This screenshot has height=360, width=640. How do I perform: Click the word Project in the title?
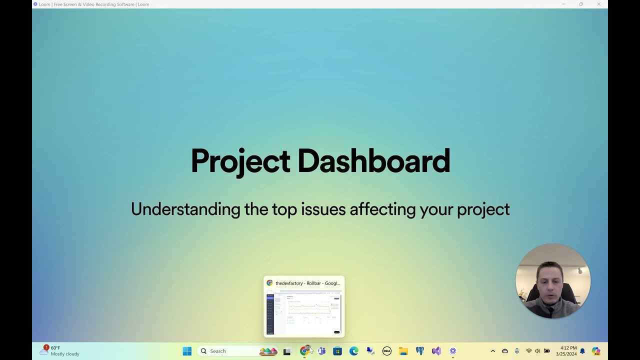click(240, 161)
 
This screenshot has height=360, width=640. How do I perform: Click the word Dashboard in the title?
click(373, 161)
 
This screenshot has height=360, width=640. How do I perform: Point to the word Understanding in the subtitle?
click(185, 209)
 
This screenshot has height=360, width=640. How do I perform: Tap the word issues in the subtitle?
click(323, 209)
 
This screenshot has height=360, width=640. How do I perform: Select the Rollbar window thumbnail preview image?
click(304, 313)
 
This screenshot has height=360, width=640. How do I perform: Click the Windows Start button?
click(187, 351)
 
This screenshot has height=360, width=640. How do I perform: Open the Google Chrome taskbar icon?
click(304, 351)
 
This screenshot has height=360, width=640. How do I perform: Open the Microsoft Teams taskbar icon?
click(321, 351)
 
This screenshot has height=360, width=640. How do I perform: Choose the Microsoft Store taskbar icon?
click(337, 351)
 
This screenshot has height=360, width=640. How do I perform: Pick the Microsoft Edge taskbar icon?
click(354, 351)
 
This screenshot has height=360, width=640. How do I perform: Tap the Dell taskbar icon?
click(386, 351)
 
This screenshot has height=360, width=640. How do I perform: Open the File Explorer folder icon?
click(403, 351)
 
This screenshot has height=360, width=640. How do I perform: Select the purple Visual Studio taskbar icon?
click(436, 351)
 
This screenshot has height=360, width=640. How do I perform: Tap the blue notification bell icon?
click(582, 351)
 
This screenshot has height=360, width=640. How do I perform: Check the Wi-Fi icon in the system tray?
click(528, 351)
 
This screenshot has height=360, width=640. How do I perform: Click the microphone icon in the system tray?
click(517, 351)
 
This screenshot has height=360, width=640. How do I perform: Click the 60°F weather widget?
click(60, 351)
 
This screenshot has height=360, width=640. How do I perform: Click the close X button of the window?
click(598, 4)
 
